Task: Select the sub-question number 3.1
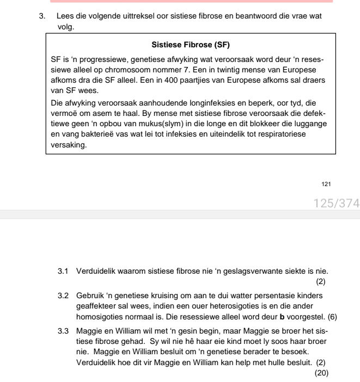[64, 271]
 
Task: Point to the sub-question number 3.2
[64, 295]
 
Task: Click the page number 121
[326, 185]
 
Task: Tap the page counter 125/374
[336, 203]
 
